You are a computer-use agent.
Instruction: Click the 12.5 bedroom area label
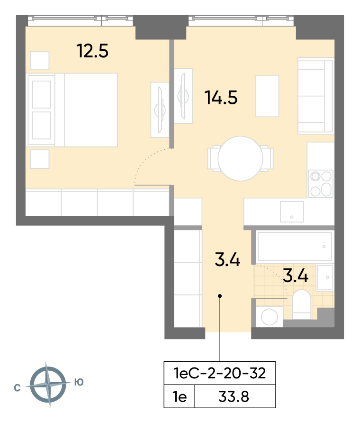click(x=92, y=51)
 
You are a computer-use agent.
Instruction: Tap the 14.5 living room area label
click(x=221, y=97)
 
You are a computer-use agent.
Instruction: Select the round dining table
click(x=240, y=158)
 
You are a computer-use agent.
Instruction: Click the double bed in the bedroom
click(x=72, y=110)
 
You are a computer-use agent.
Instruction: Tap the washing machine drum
click(x=270, y=317)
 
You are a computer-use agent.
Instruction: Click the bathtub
click(x=295, y=247)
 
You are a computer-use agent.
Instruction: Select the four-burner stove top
click(x=321, y=183)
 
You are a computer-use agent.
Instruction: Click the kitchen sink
click(x=292, y=212)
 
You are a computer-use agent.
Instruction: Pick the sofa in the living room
click(x=315, y=96)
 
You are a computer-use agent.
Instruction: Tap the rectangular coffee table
click(x=267, y=96)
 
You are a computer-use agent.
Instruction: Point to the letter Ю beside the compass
click(x=79, y=382)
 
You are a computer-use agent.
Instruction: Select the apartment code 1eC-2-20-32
click(x=220, y=373)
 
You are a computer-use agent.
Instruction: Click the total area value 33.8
click(x=234, y=397)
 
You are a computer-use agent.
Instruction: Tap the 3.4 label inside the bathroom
click(x=296, y=276)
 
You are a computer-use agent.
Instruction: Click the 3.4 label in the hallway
click(x=227, y=260)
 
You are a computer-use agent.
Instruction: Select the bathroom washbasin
click(x=325, y=277)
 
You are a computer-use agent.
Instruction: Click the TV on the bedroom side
click(x=160, y=110)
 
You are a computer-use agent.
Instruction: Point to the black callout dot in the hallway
click(x=220, y=296)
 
